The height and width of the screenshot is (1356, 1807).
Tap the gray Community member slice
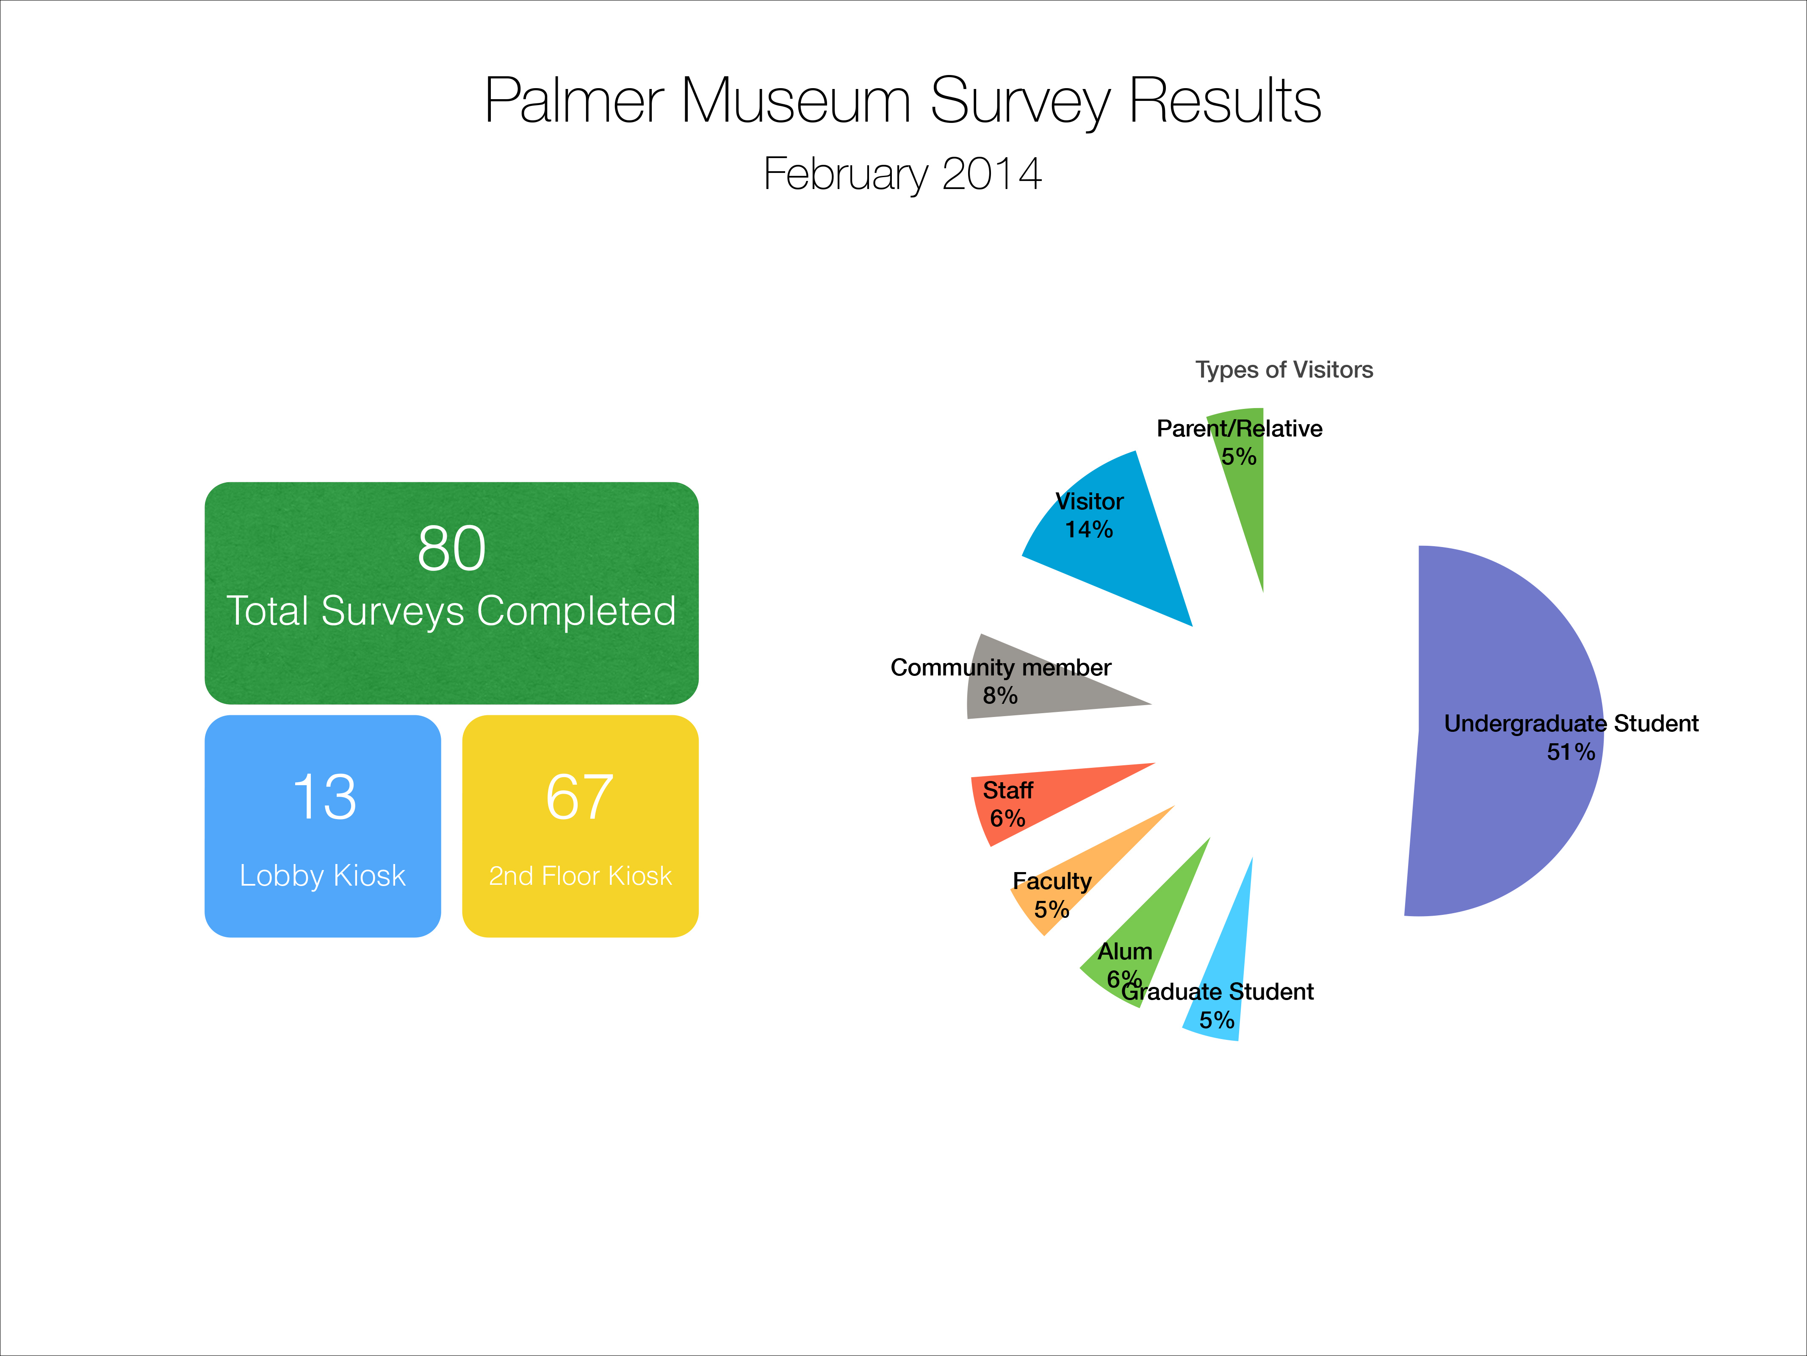1038,683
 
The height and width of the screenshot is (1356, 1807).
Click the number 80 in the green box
452,548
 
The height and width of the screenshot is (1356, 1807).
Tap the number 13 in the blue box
324,797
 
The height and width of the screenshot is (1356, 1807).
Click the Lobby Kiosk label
323,875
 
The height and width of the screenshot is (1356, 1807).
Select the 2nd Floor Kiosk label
580,875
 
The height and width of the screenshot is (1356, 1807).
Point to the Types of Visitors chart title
1284,370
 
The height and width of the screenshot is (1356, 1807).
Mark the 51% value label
1571,752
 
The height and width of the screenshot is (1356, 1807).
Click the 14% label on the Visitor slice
1089,530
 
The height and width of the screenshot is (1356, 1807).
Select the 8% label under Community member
1000,695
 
